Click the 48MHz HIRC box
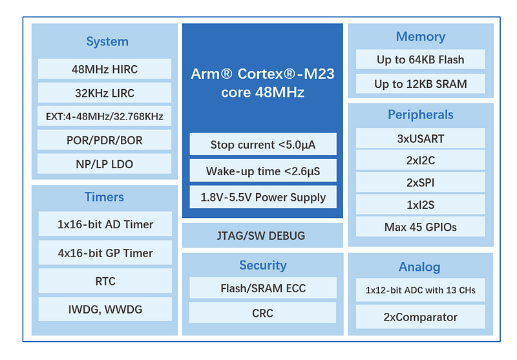point(105,69)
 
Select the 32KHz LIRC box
point(105,92)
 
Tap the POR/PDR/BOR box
point(105,140)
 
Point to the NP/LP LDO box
point(105,164)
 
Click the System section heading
point(107,41)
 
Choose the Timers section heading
point(104,197)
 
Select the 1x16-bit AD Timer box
point(105,224)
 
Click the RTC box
point(105,281)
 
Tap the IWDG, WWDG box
point(105,309)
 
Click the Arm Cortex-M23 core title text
point(263,83)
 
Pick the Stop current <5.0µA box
point(263,144)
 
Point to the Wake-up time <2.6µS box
point(263,171)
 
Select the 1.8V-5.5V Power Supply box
point(263,197)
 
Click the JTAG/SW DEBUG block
point(262,235)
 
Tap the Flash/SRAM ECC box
point(263,288)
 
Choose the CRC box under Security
point(263,313)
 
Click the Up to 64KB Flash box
point(421,59)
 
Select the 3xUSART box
point(421,138)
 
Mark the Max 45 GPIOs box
point(421,227)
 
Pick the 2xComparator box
point(421,317)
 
